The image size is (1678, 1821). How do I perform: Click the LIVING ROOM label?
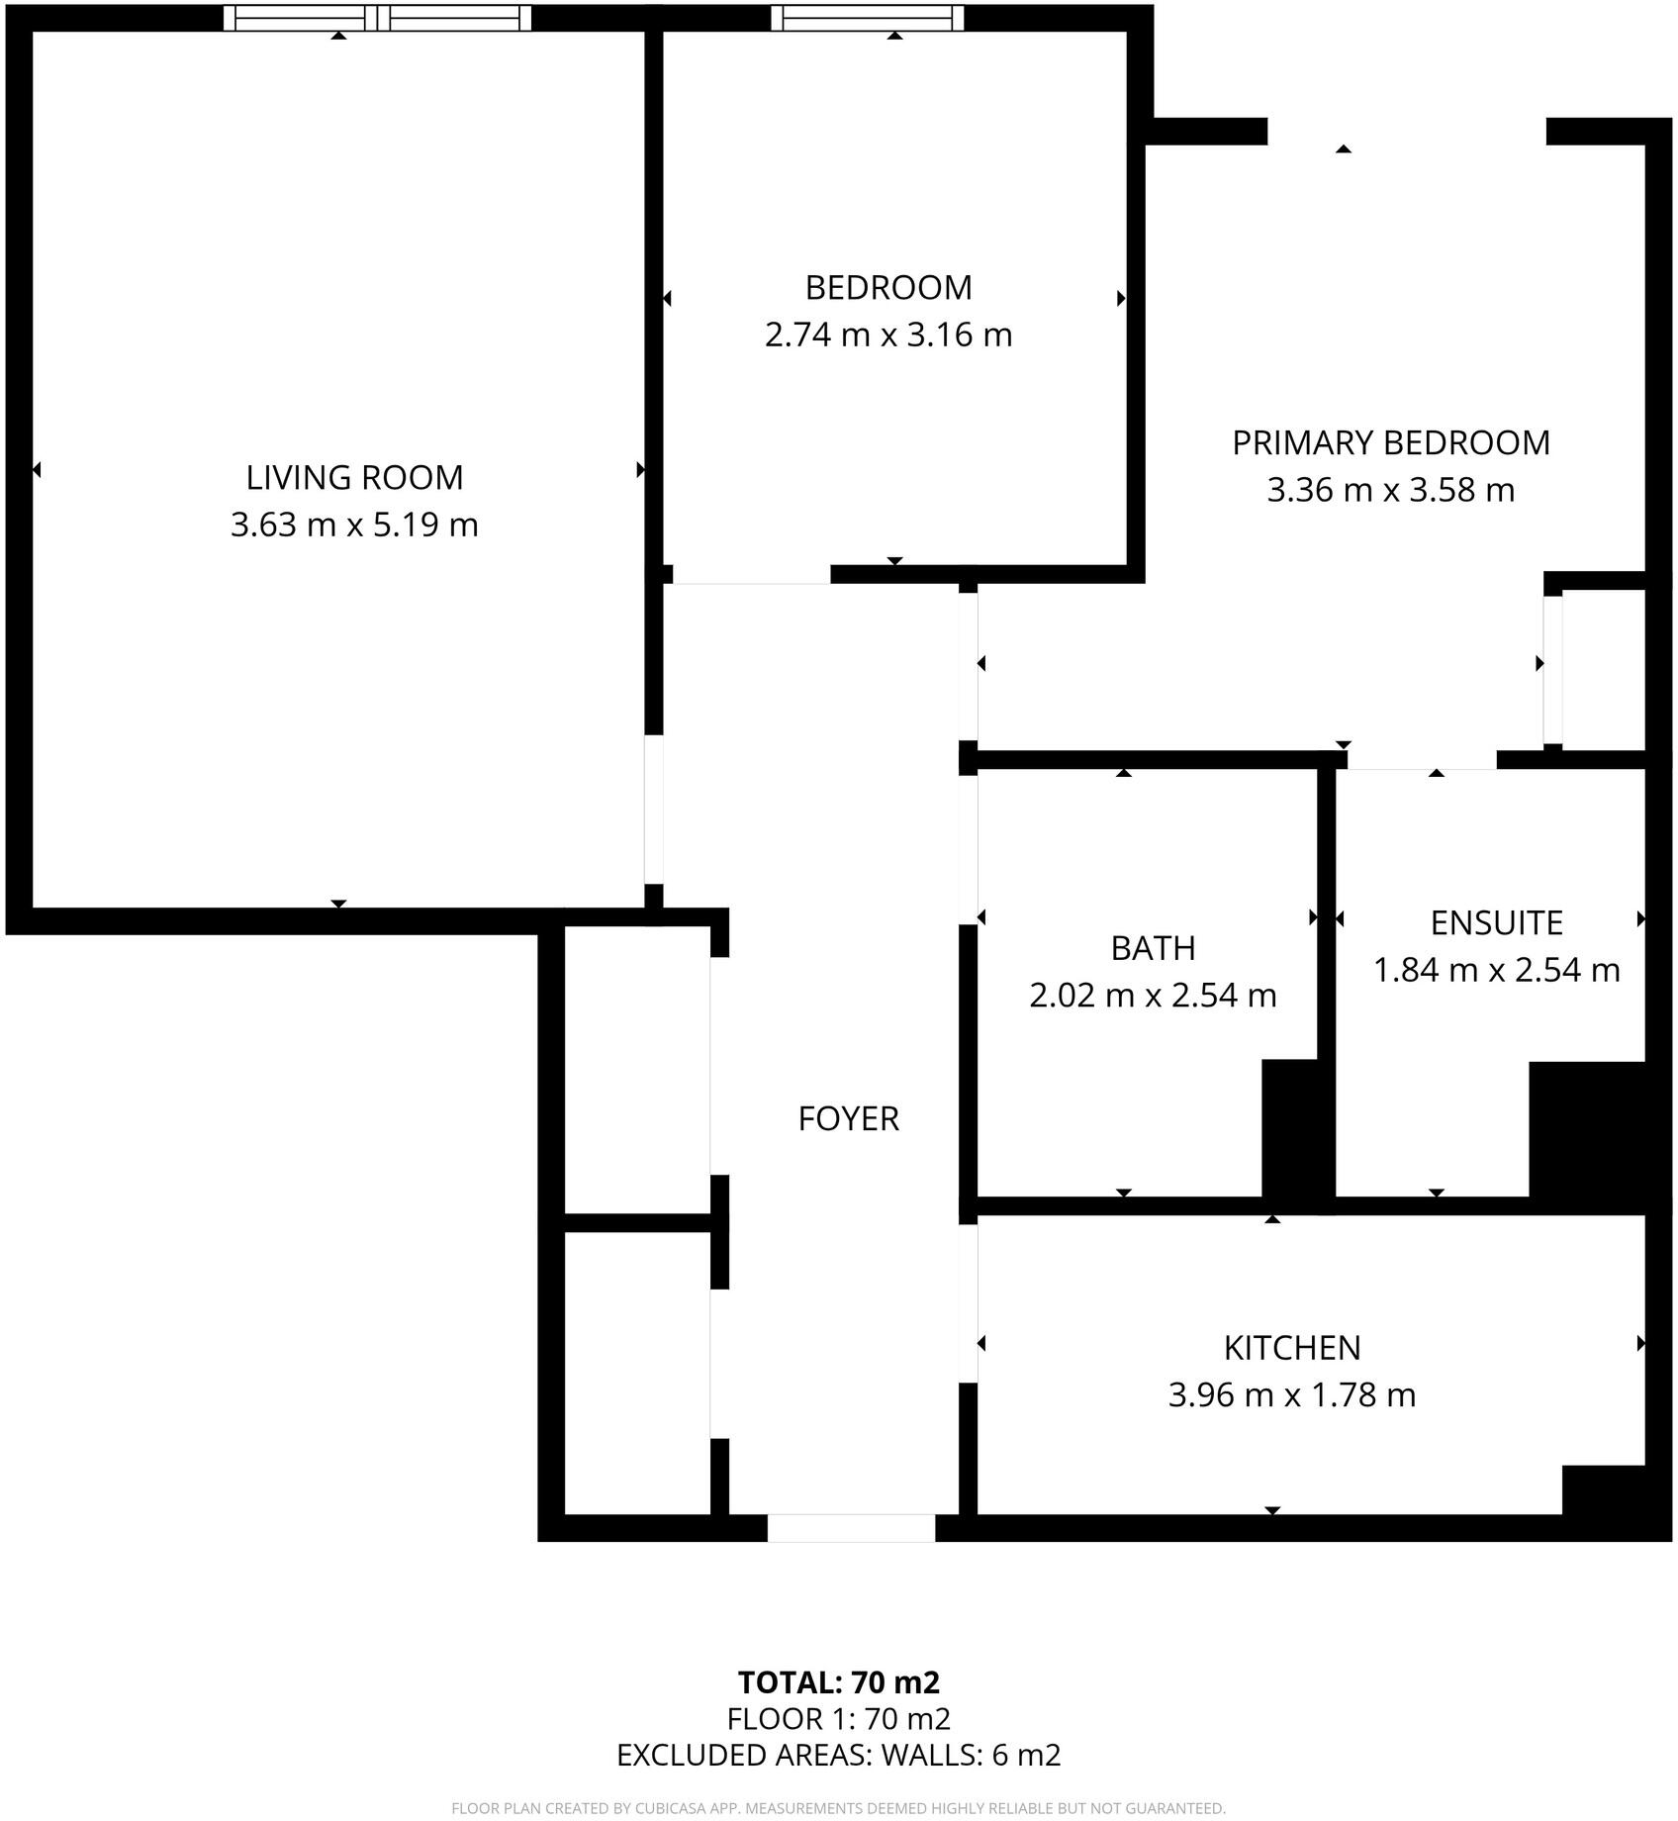(x=354, y=477)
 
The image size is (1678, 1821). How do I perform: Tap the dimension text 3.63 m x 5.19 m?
(x=354, y=524)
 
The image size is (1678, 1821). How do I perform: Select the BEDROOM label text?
(x=888, y=287)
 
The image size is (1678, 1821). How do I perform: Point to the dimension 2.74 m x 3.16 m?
(x=888, y=335)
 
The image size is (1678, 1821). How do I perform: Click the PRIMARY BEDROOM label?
(x=1390, y=442)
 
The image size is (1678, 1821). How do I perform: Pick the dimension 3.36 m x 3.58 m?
(x=1390, y=490)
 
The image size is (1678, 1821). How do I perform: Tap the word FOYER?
(x=848, y=1118)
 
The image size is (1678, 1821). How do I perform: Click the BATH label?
(x=1153, y=948)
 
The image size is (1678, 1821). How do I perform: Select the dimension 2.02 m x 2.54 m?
(x=1153, y=995)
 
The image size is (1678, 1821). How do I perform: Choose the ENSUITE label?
(x=1496, y=922)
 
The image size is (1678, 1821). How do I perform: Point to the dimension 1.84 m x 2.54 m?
(x=1496, y=970)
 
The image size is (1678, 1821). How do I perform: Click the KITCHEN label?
(x=1291, y=1348)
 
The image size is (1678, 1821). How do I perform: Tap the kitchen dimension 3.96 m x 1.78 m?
(x=1291, y=1395)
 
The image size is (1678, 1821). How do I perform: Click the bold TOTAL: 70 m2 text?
(x=838, y=1682)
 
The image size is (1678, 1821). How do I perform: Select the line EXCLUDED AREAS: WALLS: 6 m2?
(x=838, y=1755)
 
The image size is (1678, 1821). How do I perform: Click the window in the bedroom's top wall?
(x=867, y=17)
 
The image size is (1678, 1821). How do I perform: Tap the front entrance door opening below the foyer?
(x=851, y=1528)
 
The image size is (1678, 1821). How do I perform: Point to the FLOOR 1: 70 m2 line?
(x=838, y=1719)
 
